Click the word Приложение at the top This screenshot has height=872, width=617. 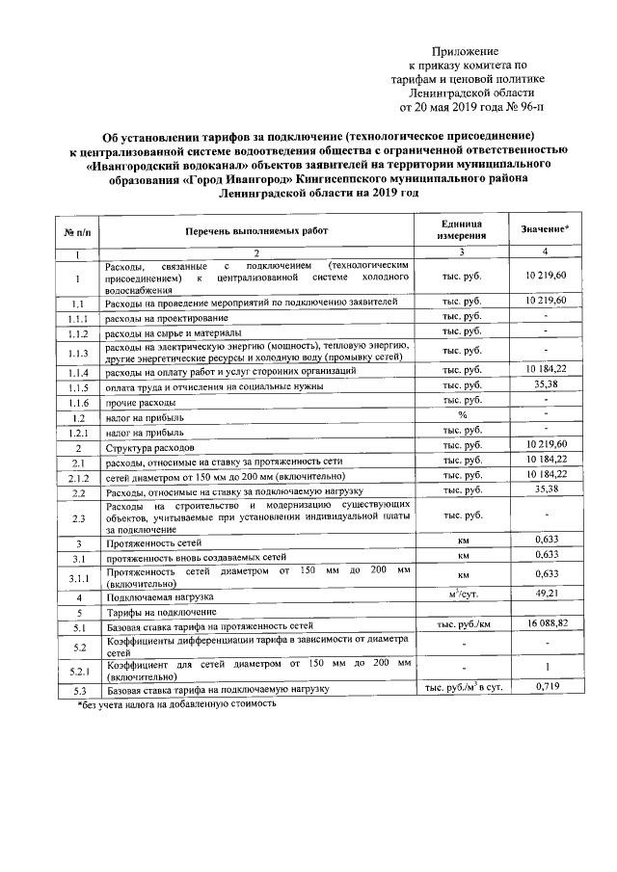[465, 50]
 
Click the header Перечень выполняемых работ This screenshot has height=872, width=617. [257, 230]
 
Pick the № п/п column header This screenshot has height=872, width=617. [77, 230]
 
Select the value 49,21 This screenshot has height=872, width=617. [546, 595]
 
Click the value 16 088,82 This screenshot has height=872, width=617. [546, 625]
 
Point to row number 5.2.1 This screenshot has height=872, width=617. [77, 670]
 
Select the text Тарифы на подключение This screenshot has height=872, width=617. [160, 611]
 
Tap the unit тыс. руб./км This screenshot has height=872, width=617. [462, 625]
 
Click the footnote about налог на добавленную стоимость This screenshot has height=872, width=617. [179, 703]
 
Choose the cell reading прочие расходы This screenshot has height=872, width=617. [141, 402]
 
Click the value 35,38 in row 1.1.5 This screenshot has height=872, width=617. [546, 385]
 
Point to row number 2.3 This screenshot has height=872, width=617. [77, 517]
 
